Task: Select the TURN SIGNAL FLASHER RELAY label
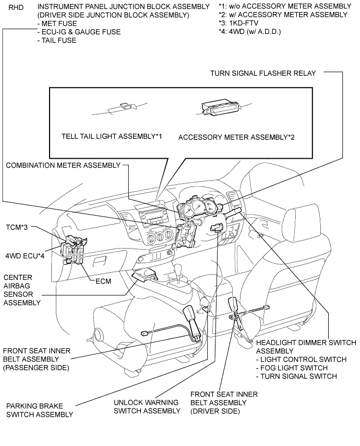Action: [263, 73]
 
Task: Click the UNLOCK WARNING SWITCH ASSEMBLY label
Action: [146, 406]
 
